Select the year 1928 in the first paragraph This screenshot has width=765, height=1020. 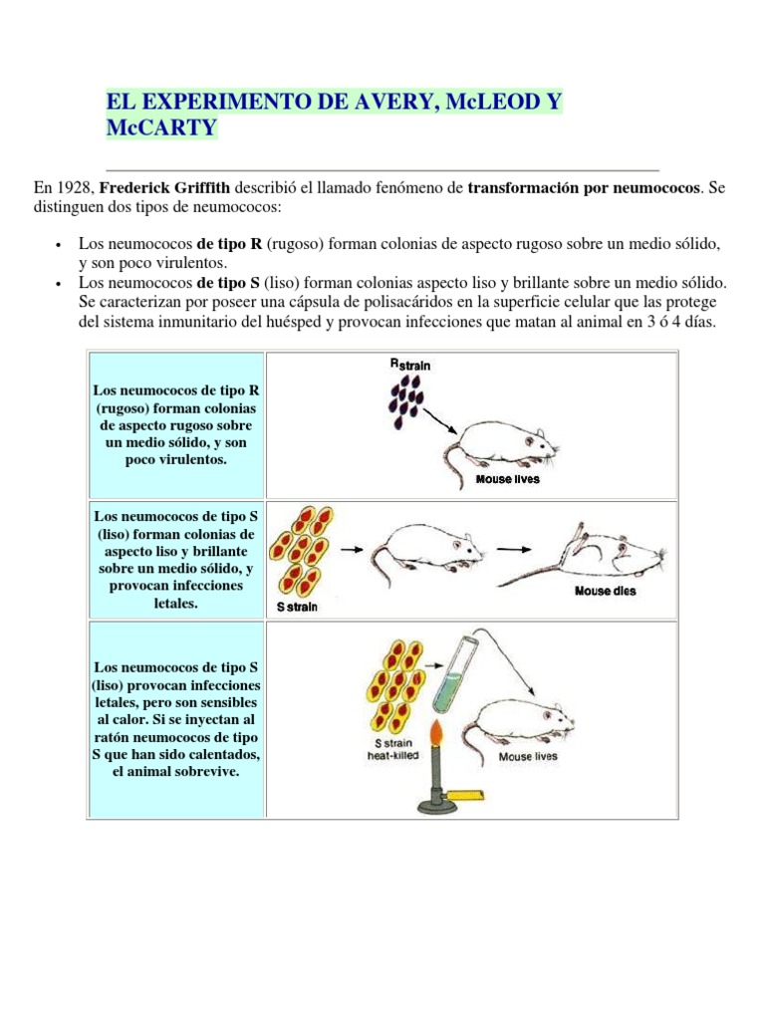[x=76, y=186]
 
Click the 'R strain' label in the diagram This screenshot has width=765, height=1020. [x=409, y=365]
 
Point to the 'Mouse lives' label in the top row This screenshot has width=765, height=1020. [x=507, y=479]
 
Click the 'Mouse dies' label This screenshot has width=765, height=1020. [x=605, y=591]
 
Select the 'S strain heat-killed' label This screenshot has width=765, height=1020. [x=391, y=749]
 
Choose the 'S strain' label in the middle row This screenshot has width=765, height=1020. [x=296, y=607]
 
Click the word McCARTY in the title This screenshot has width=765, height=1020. [x=159, y=128]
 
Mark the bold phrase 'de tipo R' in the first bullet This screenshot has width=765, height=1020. [x=228, y=244]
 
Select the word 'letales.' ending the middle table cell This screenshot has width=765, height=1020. [x=176, y=604]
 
